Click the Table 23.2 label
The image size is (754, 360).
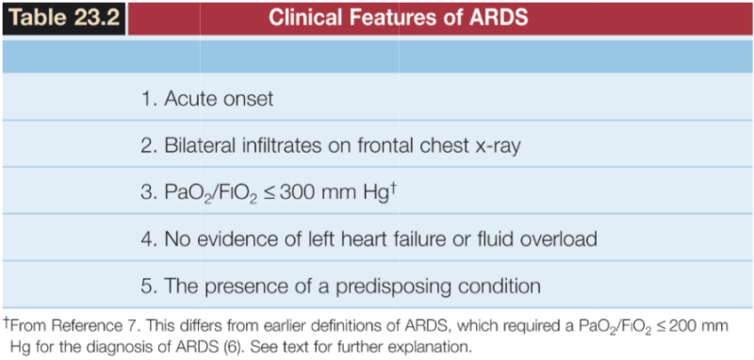click(63, 18)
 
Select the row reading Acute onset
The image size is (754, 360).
click(220, 97)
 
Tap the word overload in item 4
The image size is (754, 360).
click(556, 238)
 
